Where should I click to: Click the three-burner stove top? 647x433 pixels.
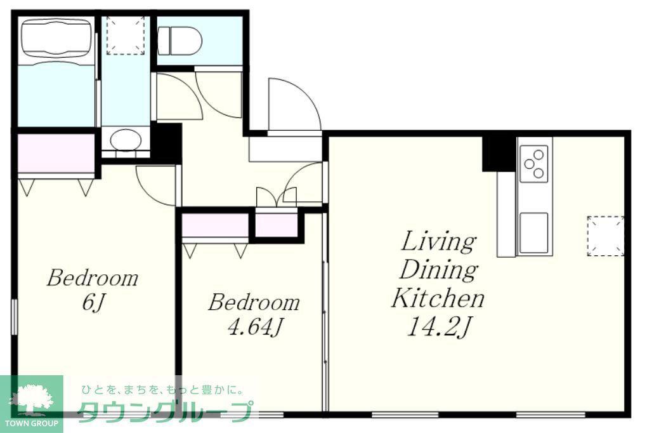pos(534,164)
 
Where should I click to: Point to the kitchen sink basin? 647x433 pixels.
pos(534,233)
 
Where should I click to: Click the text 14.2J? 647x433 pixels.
pos(438,327)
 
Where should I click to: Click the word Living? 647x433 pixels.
pos(438,242)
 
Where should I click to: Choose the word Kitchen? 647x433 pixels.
pos(438,298)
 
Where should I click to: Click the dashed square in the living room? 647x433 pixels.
pos(606,236)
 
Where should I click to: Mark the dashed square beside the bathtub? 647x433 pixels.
pos(126,36)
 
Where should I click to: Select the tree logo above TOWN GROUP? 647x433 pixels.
pos(30,398)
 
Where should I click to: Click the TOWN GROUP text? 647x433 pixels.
pos(31,423)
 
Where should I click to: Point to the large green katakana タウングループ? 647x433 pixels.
pos(165,411)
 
